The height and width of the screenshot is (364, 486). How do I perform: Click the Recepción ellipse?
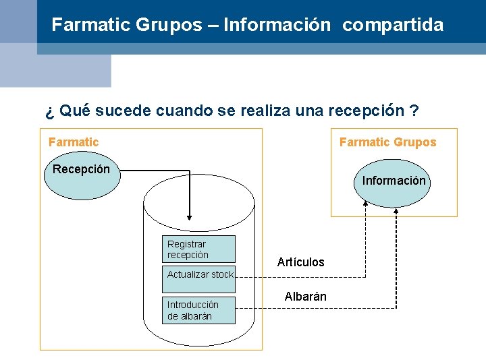81,177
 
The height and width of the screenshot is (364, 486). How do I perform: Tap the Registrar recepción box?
200,249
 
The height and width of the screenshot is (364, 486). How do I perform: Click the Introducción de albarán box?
199,310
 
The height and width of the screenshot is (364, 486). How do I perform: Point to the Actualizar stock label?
200,274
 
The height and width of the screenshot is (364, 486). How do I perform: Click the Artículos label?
300,262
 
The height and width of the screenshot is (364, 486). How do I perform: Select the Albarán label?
305,297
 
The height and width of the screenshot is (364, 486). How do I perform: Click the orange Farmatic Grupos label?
387,142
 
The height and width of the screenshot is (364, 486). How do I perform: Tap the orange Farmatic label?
74,142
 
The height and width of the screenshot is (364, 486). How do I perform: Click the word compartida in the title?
393,26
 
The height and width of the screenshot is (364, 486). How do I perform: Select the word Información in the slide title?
277,26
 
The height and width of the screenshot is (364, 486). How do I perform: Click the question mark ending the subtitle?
414,111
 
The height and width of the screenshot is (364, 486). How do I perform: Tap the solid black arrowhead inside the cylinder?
190,216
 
